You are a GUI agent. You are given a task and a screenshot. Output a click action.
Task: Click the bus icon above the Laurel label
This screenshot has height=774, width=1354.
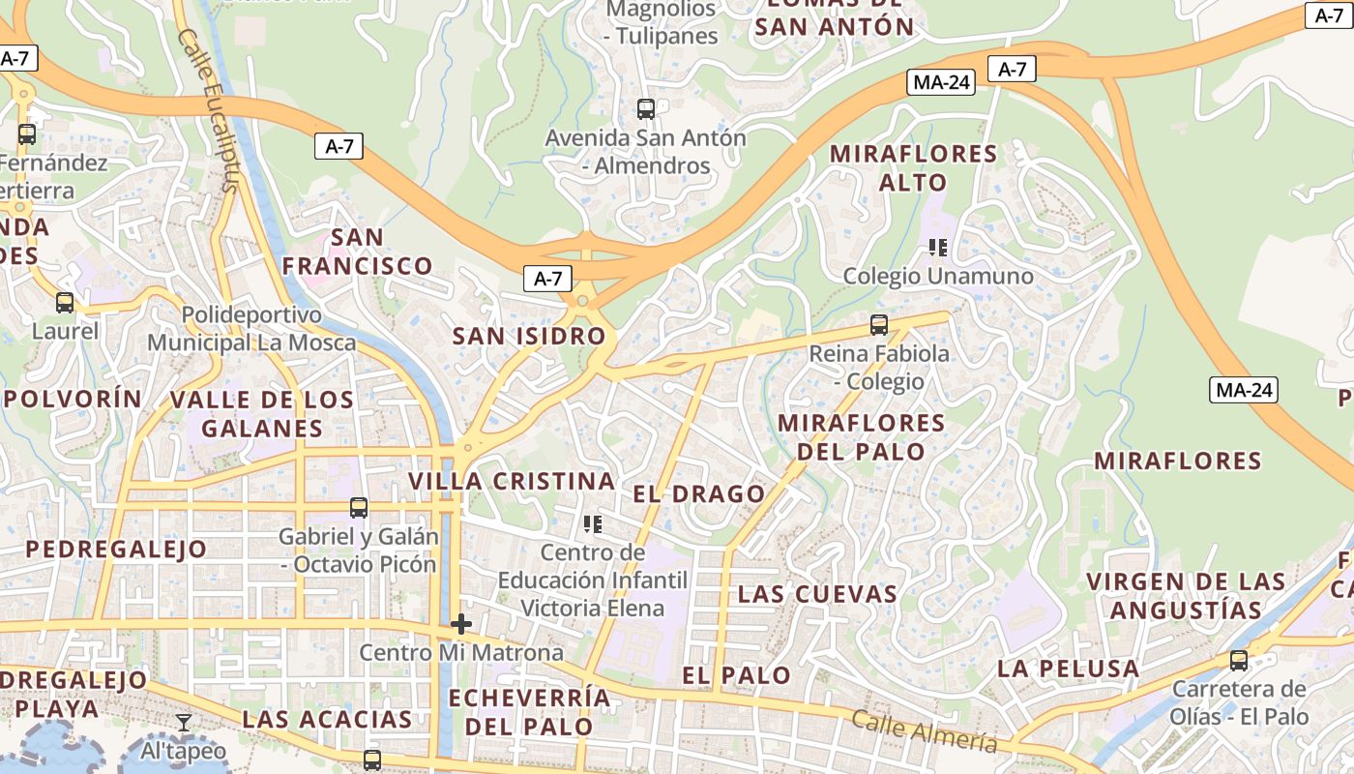[65, 303]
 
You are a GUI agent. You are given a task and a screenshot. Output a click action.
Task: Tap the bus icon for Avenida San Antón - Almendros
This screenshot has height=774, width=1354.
[646, 109]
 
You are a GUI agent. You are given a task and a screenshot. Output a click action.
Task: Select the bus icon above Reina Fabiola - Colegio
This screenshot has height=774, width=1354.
[879, 325]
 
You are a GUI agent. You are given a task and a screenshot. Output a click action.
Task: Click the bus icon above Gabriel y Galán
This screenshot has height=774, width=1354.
[359, 508]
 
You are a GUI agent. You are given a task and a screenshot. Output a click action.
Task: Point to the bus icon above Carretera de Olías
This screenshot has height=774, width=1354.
[1239, 661]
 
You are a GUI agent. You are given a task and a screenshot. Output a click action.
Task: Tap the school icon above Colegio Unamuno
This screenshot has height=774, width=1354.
[937, 248]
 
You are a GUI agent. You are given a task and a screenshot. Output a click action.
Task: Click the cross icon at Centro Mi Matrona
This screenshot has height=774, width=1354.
[461, 624]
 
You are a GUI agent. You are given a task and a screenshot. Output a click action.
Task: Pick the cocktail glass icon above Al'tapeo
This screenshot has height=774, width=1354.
[184, 723]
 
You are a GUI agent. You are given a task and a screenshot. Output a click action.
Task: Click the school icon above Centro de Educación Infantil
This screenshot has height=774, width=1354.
[593, 524]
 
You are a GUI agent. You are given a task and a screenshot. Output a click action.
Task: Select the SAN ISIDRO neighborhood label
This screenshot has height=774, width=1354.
[530, 337]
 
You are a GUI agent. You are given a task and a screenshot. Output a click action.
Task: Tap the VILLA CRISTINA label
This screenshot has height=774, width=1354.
[512, 481]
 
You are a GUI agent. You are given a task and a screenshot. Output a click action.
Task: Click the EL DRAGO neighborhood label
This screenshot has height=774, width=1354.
[699, 494]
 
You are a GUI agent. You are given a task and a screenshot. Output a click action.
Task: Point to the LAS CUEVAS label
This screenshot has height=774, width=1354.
[818, 594]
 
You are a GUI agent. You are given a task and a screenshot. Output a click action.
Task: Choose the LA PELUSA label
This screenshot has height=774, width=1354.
[1069, 669]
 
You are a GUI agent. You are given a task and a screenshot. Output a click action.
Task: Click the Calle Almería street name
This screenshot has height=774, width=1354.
[924, 730]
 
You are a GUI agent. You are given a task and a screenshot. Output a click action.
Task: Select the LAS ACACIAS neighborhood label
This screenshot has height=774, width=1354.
[328, 719]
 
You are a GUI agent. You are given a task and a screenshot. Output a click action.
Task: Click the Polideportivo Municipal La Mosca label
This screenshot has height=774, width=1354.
[251, 329]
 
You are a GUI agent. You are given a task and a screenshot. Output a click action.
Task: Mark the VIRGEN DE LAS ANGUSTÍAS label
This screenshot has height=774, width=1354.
[1187, 596]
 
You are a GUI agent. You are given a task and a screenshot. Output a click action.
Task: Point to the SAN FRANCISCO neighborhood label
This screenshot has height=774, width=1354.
[358, 252]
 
